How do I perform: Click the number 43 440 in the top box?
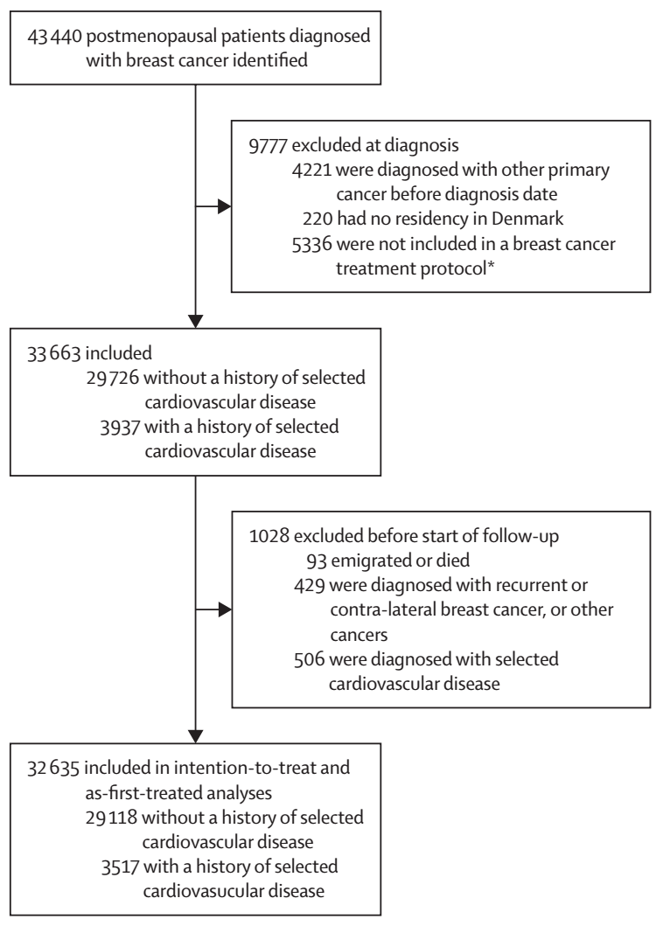(x=54, y=37)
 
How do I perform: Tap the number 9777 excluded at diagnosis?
(x=268, y=145)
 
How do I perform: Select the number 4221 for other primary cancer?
(x=311, y=171)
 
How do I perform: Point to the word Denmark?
(x=527, y=219)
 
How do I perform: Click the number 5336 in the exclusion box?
(x=311, y=244)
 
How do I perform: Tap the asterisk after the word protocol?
(x=491, y=266)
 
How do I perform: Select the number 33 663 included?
(x=54, y=353)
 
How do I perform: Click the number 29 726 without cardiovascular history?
(x=113, y=378)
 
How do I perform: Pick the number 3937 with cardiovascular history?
(x=120, y=427)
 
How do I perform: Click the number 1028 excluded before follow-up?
(x=269, y=536)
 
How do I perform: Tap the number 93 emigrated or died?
(x=316, y=560)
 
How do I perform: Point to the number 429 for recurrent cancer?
(x=309, y=585)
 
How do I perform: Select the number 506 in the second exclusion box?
(x=309, y=659)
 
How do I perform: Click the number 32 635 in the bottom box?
(x=53, y=768)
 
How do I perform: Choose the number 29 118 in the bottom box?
(x=112, y=818)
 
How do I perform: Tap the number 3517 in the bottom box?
(x=121, y=867)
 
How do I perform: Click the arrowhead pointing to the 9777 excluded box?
(x=225, y=206)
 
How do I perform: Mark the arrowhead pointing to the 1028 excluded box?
(x=225, y=609)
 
